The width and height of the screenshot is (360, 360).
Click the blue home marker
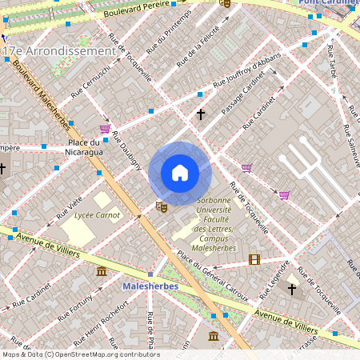180,173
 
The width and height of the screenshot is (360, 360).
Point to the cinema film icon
254,259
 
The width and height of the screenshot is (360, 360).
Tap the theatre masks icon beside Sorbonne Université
162,207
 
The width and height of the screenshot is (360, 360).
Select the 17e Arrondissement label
60,51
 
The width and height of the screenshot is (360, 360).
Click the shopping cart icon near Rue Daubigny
105,128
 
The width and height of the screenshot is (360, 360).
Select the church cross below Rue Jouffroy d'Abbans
200,114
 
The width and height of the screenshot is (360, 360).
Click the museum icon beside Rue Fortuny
102,272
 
